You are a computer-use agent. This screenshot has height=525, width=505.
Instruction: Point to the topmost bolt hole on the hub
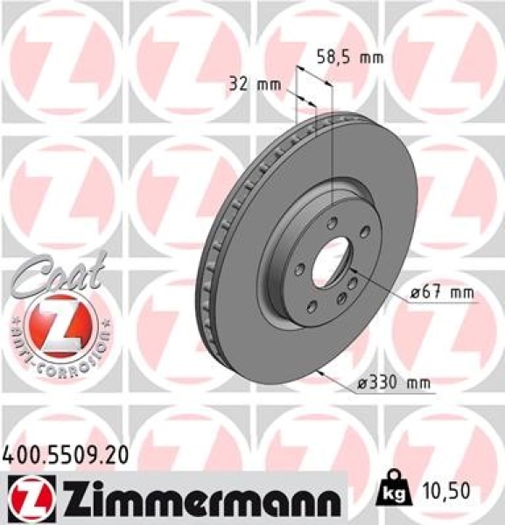click(x=330, y=222)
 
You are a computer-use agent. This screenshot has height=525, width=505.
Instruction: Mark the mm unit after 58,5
click(x=373, y=58)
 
